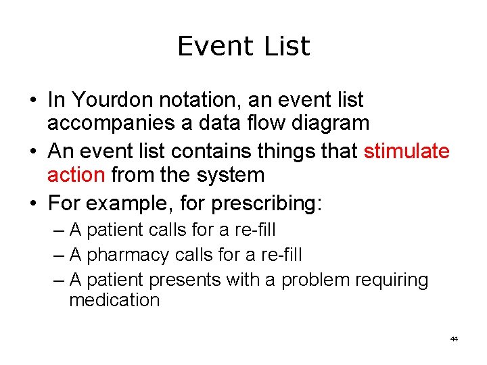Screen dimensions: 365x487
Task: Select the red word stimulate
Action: tap(407, 151)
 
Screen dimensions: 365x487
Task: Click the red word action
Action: tap(76, 174)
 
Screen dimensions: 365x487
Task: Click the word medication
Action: tap(114, 300)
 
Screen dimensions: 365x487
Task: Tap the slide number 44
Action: tap(454, 339)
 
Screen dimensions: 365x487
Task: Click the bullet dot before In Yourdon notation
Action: tap(32, 101)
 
